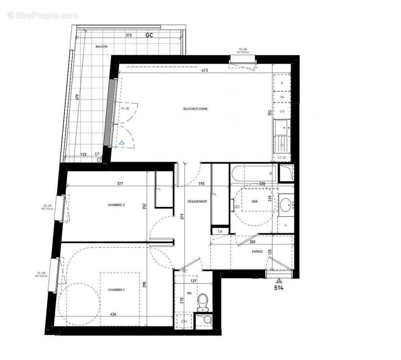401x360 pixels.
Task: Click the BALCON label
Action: pos(101,47)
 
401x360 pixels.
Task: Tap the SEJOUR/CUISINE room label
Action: pos(195,109)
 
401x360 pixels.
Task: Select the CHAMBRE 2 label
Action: pos(116,205)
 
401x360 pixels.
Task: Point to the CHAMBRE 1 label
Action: pos(116,289)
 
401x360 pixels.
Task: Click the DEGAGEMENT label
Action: pos(197,202)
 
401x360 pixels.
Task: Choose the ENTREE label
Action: pos(257,252)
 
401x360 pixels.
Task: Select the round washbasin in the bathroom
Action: pos(285,205)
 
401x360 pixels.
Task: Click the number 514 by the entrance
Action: pos(279,289)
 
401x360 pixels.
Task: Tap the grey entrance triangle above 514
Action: pos(279,280)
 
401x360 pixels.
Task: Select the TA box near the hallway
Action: pos(220,231)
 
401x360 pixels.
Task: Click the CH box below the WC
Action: pos(183,321)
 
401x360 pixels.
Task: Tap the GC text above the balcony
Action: pos(149,35)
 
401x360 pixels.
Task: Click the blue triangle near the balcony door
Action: pos(122,143)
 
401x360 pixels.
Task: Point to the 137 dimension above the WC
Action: pos(194,281)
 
